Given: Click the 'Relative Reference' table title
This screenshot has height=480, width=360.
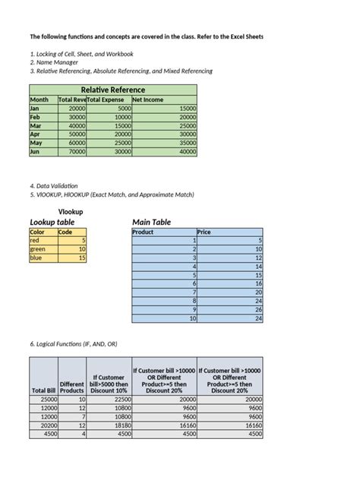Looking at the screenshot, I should pos(113,90).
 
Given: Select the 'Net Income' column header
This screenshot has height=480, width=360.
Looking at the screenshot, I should pos(147,99).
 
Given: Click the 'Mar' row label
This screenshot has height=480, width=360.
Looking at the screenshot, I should pos(36,125).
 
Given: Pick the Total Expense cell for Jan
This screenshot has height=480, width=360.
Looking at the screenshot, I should pos(109,109).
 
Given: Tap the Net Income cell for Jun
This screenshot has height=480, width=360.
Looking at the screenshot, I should pos(164,151).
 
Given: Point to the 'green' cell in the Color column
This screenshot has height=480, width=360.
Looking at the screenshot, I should pos(39,248).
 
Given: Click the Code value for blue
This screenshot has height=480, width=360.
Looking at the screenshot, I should pos(72,257).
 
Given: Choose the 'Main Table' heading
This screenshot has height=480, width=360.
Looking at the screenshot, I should pos(152,222).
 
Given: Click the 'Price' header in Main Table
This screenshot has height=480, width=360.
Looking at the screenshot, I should pos(204,232).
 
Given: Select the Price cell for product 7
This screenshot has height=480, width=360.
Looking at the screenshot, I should pos(230,292).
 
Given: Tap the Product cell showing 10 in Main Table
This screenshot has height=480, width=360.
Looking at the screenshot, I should pos(164,319).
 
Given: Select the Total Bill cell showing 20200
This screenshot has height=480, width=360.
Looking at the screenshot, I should pos(43,426).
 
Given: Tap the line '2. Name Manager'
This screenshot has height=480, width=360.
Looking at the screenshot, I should pos(57,62).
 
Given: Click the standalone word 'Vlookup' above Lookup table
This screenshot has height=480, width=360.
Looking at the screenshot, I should pos(71,210).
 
